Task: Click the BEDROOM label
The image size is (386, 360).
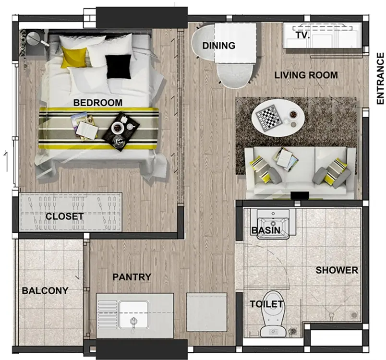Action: [x=98, y=103]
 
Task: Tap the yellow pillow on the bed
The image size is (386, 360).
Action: [x=74, y=57]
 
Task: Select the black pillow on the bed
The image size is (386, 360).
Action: [x=119, y=66]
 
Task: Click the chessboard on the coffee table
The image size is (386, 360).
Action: [x=269, y=118]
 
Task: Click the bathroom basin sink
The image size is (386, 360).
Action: [x=273, y=223]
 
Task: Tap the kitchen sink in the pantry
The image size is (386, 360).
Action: [x=133, y=315]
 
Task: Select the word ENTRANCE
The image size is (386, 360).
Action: [x=380, y=79]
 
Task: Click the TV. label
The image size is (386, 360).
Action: [x=302, y=35]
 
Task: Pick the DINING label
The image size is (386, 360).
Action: [x=219, y=46]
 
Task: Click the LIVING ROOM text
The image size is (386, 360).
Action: [x=306, y=75]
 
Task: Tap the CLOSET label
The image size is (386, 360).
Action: [x=64, y=216]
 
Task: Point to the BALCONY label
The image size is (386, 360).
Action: [x=45, y=290]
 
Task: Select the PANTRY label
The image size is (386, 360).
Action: [x=132, y=277]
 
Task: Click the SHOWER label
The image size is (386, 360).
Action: [x=337, y=270]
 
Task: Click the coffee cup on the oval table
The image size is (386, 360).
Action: [x=293, y=115]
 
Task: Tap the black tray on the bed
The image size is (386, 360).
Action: [x=121, y=132]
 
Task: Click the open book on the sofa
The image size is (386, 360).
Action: [x=286, y=159]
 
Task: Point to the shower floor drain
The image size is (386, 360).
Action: [x=354, y=315]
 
